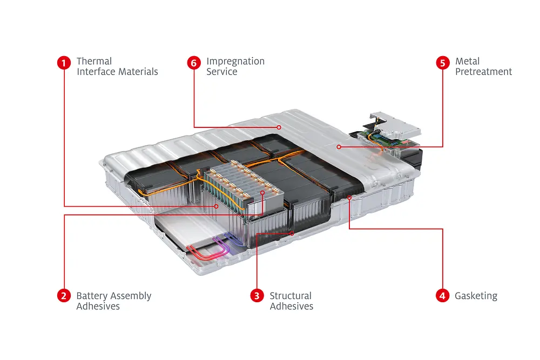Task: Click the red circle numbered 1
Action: (x=64, y=63)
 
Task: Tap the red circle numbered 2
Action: (x=64, y=295)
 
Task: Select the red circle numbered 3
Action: (x=257, y=295)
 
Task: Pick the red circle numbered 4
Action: (x=442, y=295)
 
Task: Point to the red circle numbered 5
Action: (x=442, y=63)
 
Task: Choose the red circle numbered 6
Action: (x=194, y=63)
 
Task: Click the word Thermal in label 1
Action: (x=94, y=62)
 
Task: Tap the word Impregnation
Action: (x=235, y=62)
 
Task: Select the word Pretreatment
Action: (x=483, y=72)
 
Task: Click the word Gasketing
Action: (x=476, y=296)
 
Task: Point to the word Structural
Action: (x=291, y=296)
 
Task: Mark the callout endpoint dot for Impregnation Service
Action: (x=279, y=128)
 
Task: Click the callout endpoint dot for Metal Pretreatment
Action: (x=339, y=146)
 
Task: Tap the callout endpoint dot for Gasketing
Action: (x=349, y=198)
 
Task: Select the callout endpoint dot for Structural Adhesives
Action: (x=292, y=233)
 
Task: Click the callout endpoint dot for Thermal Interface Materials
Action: (x=217, y=206)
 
